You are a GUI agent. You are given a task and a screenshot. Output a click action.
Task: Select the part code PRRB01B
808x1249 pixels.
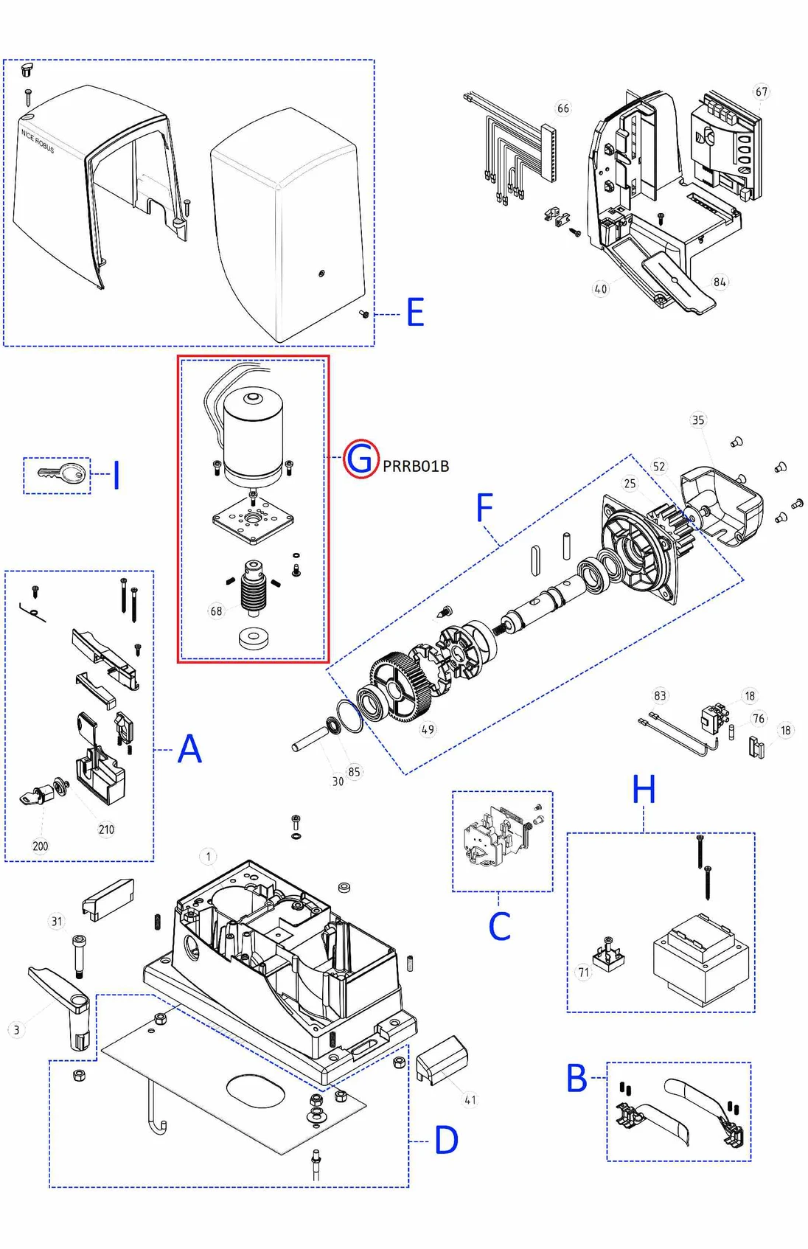[x=416, y=466]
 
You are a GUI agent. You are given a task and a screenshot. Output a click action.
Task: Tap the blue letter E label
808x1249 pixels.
[x=415, y=313]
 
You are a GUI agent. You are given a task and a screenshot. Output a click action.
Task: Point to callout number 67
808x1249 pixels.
[x=761, y=91]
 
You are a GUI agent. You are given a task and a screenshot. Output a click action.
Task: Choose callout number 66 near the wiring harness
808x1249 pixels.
[x=563, y=108]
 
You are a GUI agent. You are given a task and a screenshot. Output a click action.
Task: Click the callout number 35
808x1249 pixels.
[x=697, y=420]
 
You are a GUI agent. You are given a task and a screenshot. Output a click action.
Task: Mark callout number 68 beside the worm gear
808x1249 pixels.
[x=216, y=610]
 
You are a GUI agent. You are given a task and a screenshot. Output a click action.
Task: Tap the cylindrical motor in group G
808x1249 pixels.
[x=253, y=439]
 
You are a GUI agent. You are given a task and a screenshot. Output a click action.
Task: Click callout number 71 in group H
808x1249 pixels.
[x=584, y=973]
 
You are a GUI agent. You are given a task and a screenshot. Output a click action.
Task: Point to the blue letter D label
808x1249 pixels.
[x=446, y=1141]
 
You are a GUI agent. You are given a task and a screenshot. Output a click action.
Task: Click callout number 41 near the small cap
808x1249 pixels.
[x=470, y=1099]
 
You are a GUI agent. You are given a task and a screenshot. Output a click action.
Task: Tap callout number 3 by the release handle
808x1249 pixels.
[x=16, y=1030]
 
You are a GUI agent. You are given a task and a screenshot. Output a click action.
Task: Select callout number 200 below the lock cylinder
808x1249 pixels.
[x=41, y=846]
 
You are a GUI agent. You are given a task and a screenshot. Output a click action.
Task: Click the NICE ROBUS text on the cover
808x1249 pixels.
[x=38, y=141]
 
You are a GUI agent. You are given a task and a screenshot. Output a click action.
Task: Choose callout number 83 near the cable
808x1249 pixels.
[x=660, y=695]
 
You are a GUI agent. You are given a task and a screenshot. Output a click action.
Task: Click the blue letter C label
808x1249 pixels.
[x=499, y=926]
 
